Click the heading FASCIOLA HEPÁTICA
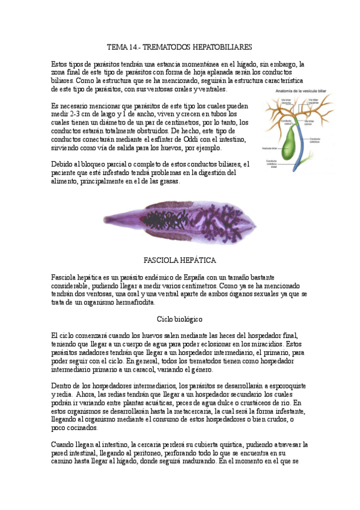[x=180, y=260]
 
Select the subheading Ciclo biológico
[x=180, y=318]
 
